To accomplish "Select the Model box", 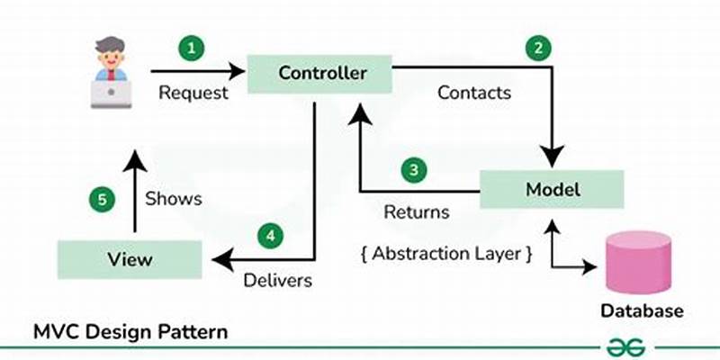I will pos(552,190).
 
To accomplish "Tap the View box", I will pos(130,259).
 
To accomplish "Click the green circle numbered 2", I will pos(538,50).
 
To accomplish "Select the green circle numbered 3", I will pos(413,169).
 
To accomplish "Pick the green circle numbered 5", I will pos(103,199).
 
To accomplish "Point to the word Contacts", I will pos(474,92).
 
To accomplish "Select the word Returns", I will pos(417,212).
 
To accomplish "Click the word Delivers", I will pos(278,280).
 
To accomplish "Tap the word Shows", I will pos(174,198).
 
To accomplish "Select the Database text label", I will pos(642,311).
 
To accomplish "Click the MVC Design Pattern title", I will pos(130,331).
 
